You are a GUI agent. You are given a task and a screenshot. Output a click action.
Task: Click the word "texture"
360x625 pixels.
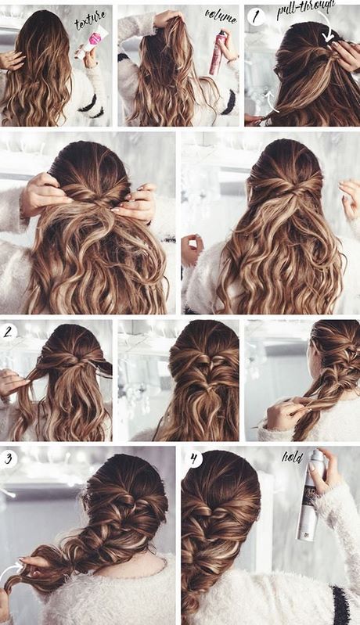click(x=90, y=20)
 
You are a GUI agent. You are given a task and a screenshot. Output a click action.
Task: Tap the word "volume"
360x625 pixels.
click(x=221, y=16)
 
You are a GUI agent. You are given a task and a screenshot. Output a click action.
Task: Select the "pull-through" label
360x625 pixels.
click(x=306, y=9)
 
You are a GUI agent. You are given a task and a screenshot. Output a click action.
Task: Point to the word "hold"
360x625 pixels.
click(x=293, y=456)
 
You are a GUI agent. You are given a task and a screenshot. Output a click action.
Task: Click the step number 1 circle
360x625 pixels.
click(x=256, y=16)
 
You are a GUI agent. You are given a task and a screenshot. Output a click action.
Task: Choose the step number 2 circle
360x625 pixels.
click(x=9, y=331)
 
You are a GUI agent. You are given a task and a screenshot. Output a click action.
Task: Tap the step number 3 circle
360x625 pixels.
click(x=8, y=459)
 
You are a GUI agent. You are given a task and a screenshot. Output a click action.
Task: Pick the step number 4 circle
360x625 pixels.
click(x=194, y=459)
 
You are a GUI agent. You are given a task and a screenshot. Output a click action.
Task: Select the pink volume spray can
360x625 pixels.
click(x=218, y=53)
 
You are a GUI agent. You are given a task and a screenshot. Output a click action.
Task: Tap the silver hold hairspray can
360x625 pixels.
click(x=309, y=495)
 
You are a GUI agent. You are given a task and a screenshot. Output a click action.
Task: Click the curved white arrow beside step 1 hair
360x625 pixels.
click(x=272, y=101)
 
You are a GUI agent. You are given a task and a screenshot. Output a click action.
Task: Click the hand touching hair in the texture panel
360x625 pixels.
click(x=11, y=59)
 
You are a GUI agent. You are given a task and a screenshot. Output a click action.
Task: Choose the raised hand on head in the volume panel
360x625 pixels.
click(x=170, y=18)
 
